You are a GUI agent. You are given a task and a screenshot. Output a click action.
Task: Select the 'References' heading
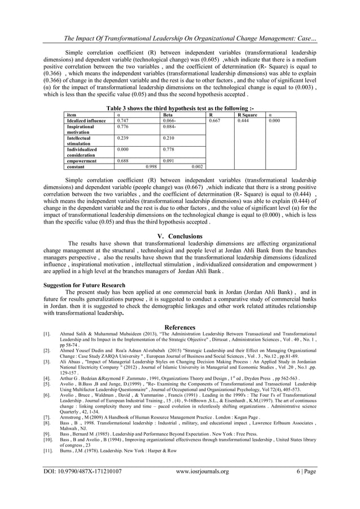(179, 327)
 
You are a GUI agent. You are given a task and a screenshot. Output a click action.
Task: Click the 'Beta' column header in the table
(168, 115)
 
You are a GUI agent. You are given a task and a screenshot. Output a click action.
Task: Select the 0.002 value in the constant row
(197, 167)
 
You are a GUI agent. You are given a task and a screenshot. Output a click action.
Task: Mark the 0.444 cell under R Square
(244, 120)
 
